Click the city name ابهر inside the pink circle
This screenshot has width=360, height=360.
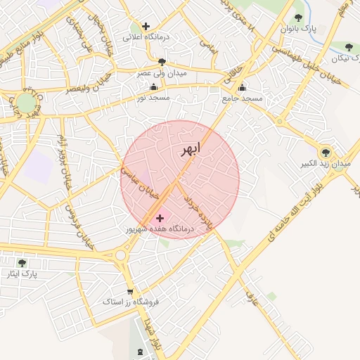[189, 149]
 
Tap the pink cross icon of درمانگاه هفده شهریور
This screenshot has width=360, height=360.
[160, 219]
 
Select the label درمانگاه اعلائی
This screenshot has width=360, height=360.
[155, 37]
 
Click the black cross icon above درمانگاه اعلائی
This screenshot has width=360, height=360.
[146, 27]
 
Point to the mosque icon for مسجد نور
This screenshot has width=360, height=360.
[153, 87]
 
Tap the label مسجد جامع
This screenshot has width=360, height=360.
[242, 98]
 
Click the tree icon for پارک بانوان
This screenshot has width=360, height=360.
[298, 18]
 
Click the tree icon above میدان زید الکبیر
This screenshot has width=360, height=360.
[325, 152]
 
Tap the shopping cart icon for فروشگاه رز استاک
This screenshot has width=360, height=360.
[130, 292]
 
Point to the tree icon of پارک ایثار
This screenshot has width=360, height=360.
[22, 263]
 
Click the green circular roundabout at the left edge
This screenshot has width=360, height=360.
[27, 104]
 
